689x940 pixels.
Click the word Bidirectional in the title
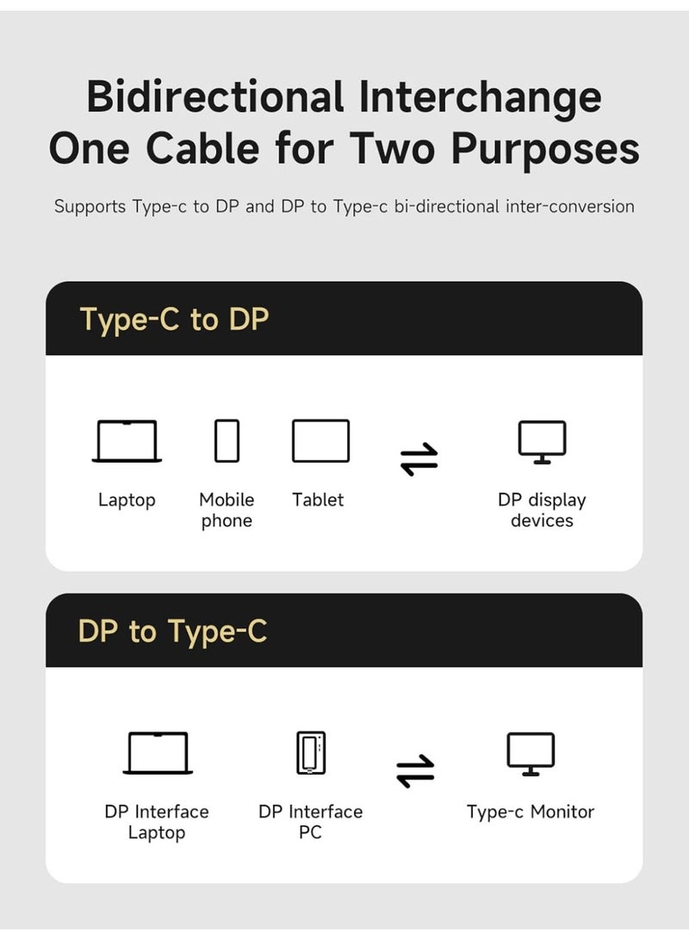pos(215,96)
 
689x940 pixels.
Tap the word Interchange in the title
pos(480,96)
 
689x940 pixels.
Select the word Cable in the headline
pos(202,148)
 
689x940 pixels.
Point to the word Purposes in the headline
pos(545,148)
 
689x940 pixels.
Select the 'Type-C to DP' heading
pos(174,320)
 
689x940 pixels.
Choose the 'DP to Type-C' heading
pos(172,632)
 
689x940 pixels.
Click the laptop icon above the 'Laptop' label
pos(127,441)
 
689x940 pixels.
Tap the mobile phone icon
pos(227,441)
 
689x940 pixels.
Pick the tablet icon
pos(320,441)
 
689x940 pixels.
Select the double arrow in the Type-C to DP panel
pos(419,459)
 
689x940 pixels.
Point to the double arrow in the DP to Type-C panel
pos(416,771)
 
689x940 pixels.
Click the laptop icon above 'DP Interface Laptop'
pos(158,753)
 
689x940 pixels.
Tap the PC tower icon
pos(311,753)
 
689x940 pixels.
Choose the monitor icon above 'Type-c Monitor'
pos(531,754)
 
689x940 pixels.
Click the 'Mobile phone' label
pos(227,510)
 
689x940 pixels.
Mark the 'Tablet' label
pos(318,500)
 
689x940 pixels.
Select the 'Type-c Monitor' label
pos(531,812)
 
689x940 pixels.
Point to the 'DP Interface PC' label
pos(311,822)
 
